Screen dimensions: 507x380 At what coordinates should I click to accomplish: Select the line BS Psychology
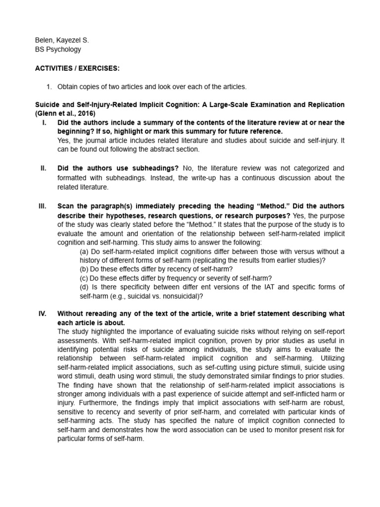(x=58, y=50)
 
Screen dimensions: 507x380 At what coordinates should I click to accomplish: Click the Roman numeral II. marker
(x=44, y=168)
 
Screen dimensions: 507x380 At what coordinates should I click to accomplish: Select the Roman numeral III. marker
(x=43, y=205)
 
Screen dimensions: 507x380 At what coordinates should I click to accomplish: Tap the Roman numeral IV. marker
(x=43, y=314)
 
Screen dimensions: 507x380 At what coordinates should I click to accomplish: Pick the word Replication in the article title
(x=324, y=105)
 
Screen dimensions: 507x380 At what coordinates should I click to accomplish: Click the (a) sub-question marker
(x=85, y=252)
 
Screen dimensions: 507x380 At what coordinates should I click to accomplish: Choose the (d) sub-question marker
(x=85, y=287)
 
